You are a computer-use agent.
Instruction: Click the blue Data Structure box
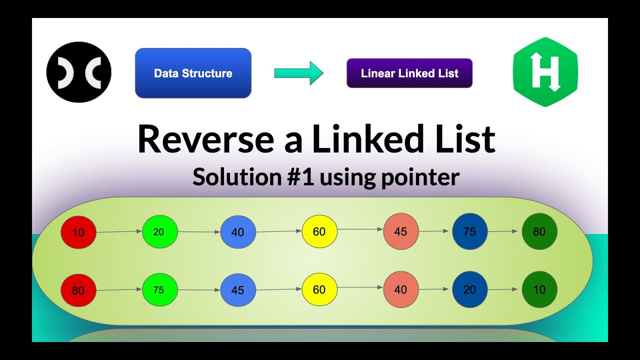pos(193,73)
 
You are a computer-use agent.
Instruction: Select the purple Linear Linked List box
pos(409,73)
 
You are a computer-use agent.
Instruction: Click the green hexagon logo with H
pos(545,72)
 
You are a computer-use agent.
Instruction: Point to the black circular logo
pos(79,72)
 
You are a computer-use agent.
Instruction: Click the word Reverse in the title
pos(205,139)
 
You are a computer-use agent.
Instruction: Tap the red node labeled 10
pos(78,232)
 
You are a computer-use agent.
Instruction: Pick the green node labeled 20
pos(159,232)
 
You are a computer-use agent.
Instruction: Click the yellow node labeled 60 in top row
pos(319,231)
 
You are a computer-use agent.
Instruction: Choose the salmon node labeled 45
pos(401,231)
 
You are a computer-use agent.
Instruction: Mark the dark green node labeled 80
pos(539,231)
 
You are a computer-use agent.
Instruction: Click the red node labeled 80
pos(78,290)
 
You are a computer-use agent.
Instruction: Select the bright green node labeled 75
pos(159,290)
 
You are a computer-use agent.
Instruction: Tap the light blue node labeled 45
pos(238,290)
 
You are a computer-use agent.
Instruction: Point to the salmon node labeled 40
pos(401,289)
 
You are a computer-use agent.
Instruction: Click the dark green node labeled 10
pos(539,289)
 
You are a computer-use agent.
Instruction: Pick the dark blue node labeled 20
pos(469,289)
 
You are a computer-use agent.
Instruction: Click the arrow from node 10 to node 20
pos(119,232)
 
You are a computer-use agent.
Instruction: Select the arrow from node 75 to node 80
pos(504,231)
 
